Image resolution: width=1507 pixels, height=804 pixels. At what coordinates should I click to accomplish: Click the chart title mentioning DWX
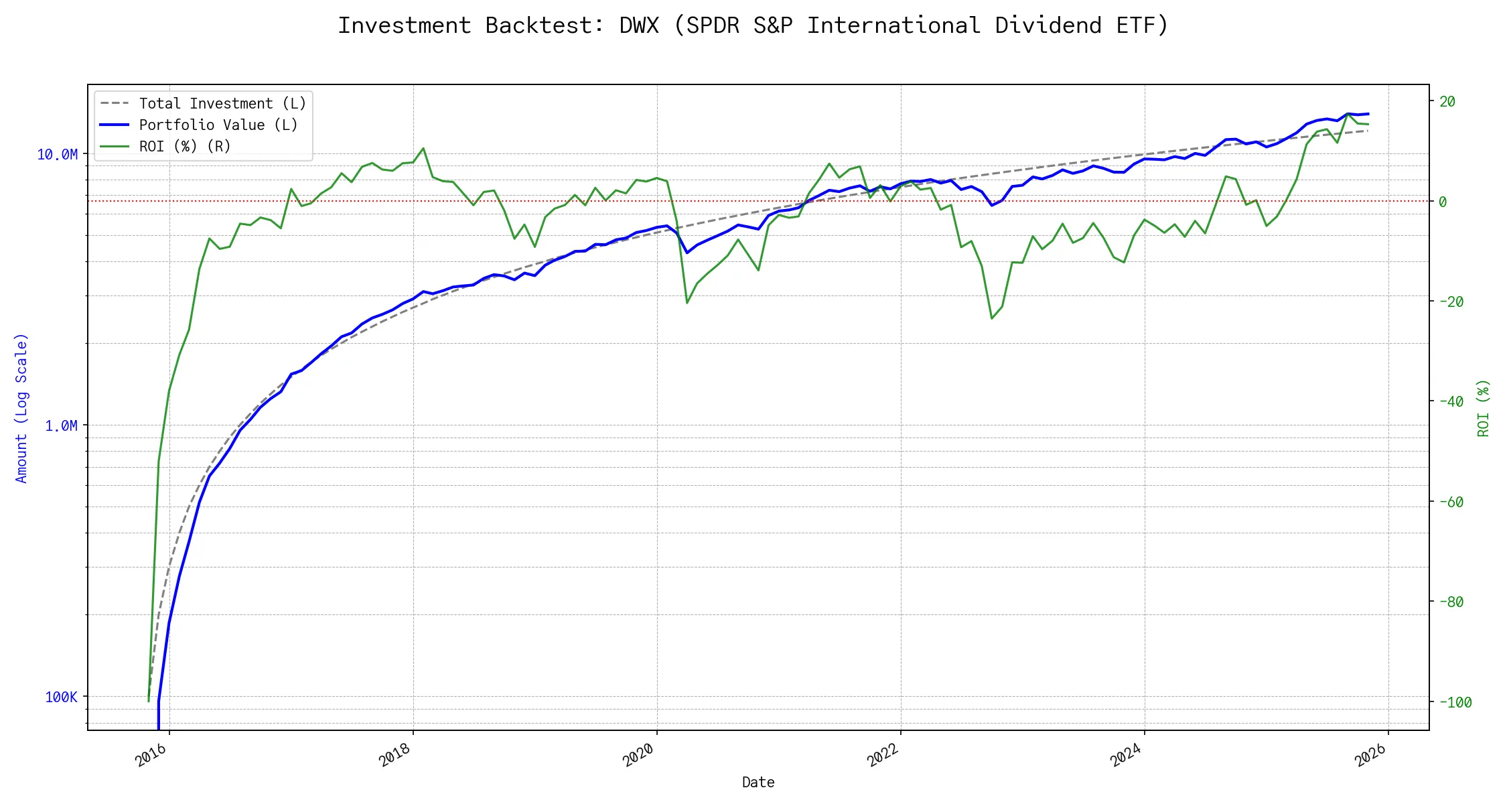pyautogui.click(x=753, y=25)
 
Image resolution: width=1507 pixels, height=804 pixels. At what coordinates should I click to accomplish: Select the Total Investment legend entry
pyautogui.click(x=222, y=104)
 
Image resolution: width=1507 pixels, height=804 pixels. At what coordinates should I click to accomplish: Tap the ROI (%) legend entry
pyautogui.click(x=184, y=147)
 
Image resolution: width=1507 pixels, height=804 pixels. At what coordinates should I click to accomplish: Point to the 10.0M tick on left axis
pyautogui.click(x=58, y=155)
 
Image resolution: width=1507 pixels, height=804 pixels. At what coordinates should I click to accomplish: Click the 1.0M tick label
pyautogui.click(x=61, y=426)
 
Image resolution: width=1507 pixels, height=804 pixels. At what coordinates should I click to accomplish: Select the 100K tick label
pyautogui.click(x=61, y=697)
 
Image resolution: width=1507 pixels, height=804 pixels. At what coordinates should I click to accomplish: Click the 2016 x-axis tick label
pyautogui.click(x=151, y=756)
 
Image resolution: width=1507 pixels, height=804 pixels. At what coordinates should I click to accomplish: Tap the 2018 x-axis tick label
pyautogui.click(x=395, y=756)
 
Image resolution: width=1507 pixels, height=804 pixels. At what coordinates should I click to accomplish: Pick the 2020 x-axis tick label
pyautogui.click(x=639, y=756)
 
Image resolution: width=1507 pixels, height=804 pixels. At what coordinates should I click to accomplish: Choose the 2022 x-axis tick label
pyautogui.click(x=883, y=756)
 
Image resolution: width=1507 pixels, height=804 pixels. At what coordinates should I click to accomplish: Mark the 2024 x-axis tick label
pyautogui.click(x=1127, y=756)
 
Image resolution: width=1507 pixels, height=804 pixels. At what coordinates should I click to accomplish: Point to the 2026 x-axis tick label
pyautogui.click(x=1370, y=756)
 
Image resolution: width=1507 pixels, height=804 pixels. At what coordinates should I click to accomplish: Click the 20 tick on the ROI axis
pyautogui.click(x=1447, y=102)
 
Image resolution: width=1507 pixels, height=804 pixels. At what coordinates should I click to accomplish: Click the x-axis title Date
pyautogui.click(x=758, y=783)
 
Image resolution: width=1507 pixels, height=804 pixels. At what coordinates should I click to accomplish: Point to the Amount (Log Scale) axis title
pyautogui.click(x=21, y=408)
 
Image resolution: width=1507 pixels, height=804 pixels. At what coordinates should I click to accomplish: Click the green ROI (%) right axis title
pyautogui.click(x=1483, y=408)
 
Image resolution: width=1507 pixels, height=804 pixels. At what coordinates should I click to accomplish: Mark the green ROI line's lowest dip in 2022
pyautogui.click(x=992, y=318)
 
